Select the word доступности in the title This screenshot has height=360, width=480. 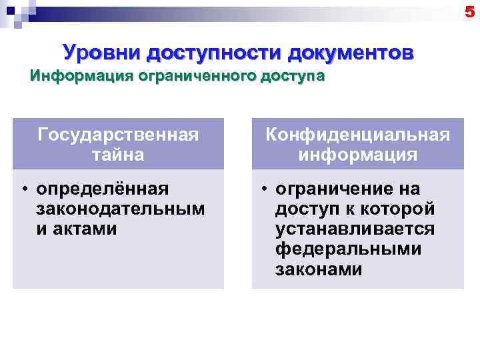(214, 52)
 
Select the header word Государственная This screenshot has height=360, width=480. (119, 135)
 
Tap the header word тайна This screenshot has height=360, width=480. (119, 155)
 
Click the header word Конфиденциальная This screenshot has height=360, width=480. (358, 135)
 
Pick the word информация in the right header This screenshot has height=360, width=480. (358, 155)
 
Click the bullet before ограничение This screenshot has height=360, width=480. (264, 189)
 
